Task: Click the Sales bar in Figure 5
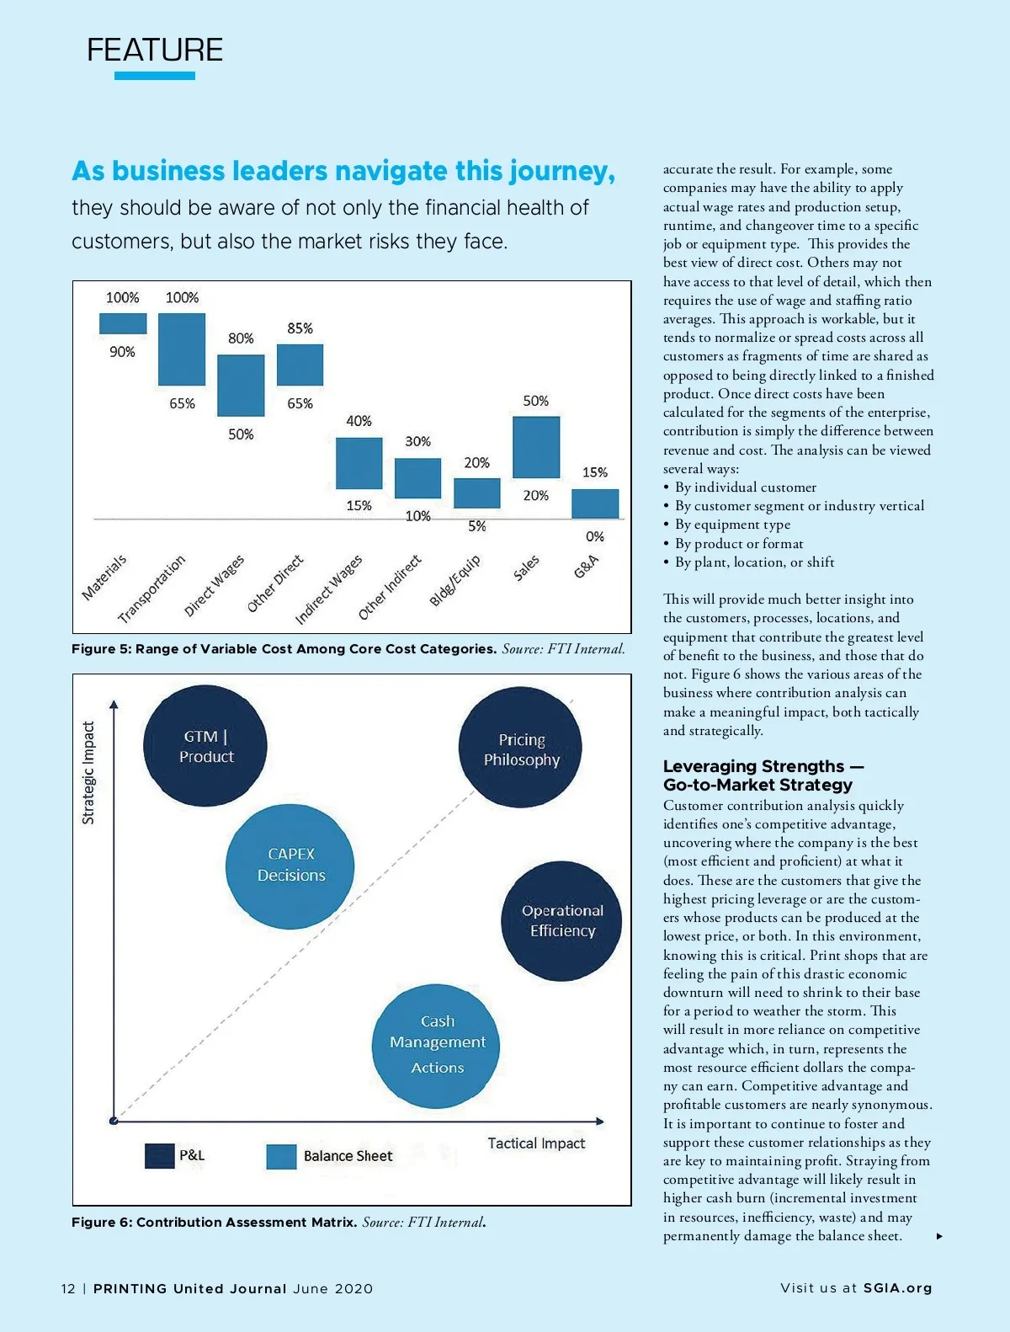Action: click(536, 447)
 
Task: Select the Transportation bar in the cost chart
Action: click(182, 349)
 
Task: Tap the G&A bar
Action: click(595, 503)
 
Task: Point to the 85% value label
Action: click(300, 328)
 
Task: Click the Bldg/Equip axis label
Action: click(454, 580)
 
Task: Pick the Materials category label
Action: click(104, 577)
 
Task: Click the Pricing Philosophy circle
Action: click(520, 748)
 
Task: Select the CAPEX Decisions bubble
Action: click(290, 866)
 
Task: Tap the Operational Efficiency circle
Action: click(561, 920)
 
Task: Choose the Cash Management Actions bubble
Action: click(436, 1045)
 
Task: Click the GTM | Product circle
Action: click(205, 746)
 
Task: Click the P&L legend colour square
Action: click(159, 1156)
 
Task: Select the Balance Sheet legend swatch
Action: click(281, 1157)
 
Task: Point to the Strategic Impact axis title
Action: click(88, 772)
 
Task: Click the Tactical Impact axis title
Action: click(536, 1143)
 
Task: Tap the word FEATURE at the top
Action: click(155, 51)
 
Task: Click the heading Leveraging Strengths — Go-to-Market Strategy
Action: click(763, 775)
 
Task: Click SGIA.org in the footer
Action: click(897, 1288)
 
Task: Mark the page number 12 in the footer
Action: click(68, 1289)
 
